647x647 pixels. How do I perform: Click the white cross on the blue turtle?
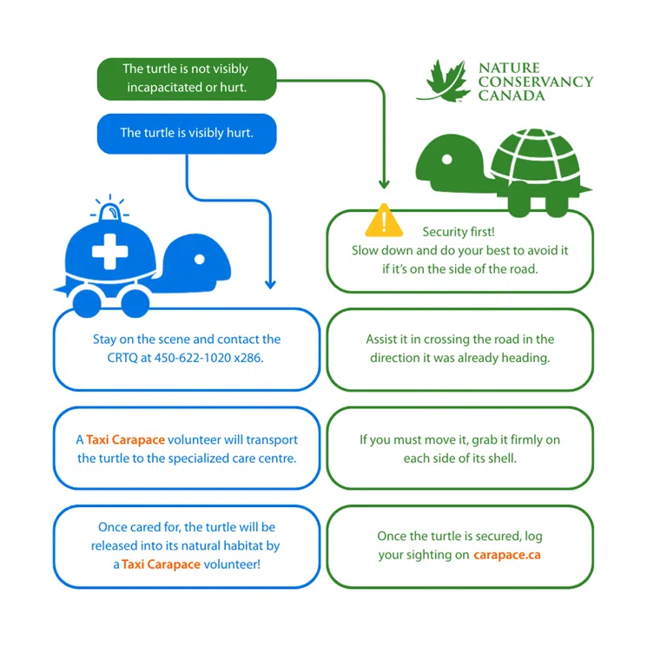[109, 251]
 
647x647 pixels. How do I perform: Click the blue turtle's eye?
[200, 259]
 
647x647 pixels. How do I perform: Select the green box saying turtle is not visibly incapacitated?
[185, 78]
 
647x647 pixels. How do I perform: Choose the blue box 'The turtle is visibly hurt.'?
[186, 133]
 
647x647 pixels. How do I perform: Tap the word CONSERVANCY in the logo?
[535, 82]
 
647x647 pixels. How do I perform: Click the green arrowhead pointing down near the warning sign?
[382, 183]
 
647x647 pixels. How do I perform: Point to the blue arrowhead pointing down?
[270, 283]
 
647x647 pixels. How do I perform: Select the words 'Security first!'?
[459, 232]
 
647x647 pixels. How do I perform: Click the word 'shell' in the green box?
[499, 457]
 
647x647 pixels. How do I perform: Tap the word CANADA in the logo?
[512, 96]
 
